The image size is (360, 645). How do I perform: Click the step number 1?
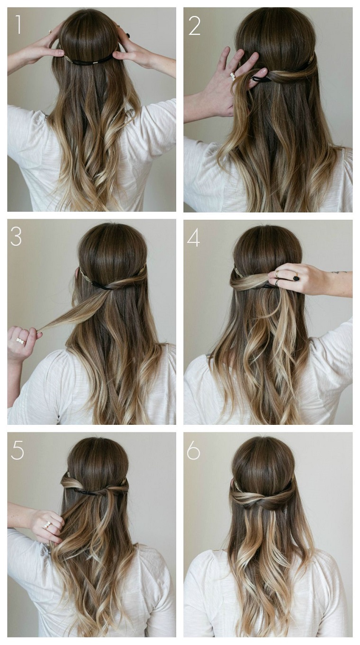point(18,25)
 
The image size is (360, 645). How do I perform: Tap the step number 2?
point(194,25)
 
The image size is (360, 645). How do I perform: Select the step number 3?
point(16,237)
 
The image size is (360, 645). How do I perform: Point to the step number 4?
point(193,237)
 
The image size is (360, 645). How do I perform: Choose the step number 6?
point(193,450)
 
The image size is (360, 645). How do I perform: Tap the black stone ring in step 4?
point(296,278)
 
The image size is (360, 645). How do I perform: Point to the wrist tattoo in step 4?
point(339,272)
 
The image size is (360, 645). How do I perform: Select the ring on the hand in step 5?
point(47,525)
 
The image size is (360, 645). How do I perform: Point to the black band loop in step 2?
point(261,79)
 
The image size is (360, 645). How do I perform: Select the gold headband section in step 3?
point(85,275)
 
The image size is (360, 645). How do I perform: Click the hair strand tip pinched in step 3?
point(42,330)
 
